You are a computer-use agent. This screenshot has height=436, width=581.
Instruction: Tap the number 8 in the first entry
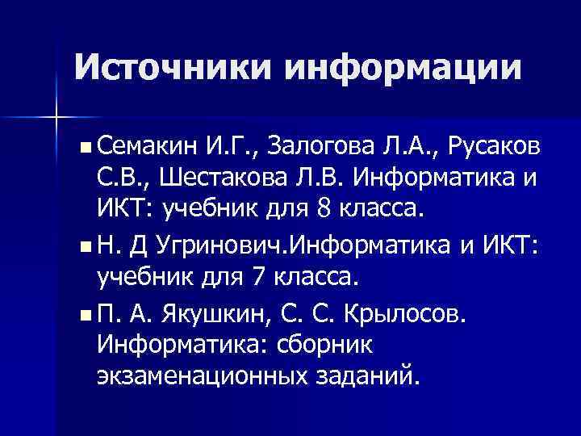[324, 211]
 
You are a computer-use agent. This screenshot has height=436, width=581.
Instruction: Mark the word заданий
[375, 377]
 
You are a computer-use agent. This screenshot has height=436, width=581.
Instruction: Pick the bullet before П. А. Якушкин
[86, 313]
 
